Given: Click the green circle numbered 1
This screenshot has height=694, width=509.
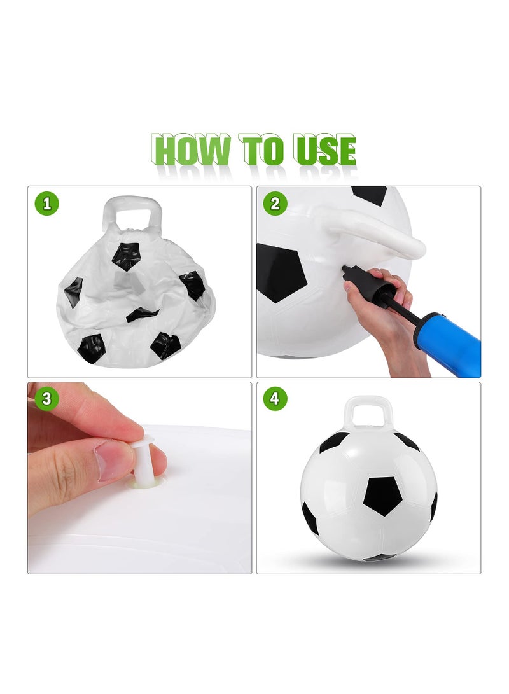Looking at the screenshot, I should coord(47,204).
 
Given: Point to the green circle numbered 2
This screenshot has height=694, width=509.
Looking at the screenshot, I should coord(275,204).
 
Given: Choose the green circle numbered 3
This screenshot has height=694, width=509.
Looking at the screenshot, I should coord(47,399).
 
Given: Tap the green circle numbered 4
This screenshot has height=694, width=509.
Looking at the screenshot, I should coord(275,399).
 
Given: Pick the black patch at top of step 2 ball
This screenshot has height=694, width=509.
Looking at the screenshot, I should coord(369,194).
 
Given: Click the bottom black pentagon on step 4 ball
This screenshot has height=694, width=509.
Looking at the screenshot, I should coord(379,557).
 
